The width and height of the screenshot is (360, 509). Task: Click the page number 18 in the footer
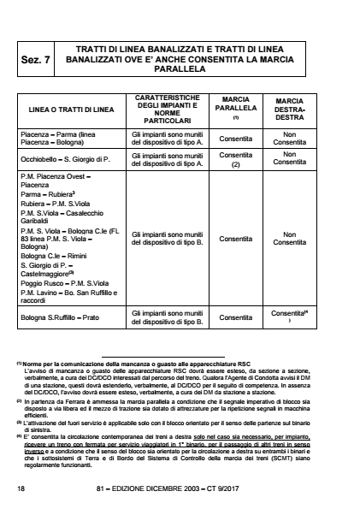[x=21, y=488]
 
